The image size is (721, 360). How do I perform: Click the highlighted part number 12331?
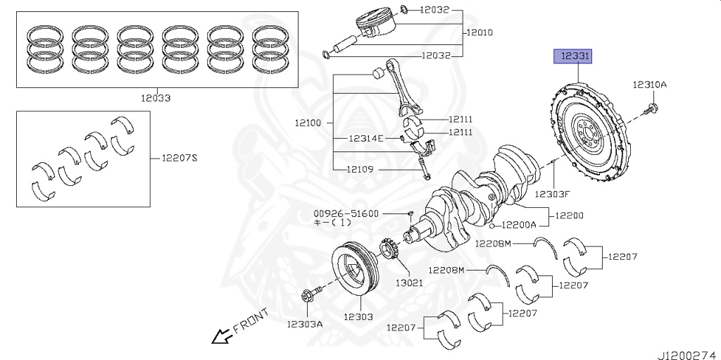(575, 55)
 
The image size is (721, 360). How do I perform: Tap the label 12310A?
(648, 85)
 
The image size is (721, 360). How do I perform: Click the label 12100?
(308, 123)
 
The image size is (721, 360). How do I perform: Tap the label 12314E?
(365, 138)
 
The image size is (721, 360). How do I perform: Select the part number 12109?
(360, 169)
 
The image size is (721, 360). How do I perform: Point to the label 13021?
(408, 283)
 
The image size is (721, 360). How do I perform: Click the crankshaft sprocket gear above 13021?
(389, 250)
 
